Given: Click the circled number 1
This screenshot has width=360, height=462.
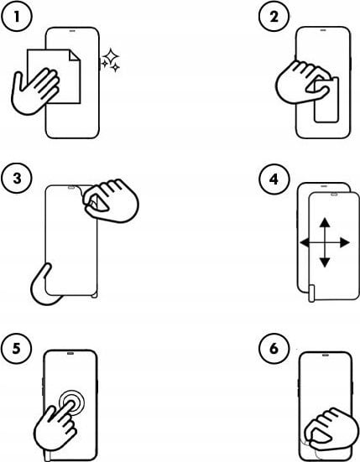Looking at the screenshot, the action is pyautogui.click(x=16, y=17).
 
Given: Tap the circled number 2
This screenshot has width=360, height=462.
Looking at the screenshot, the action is pyautogui.click(x=274, y=17).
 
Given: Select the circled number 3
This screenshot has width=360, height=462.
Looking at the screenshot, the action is pyautogui.click(x=16, y=179).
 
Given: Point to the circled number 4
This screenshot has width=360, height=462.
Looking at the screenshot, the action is pyautogui.click(x=274, y=179).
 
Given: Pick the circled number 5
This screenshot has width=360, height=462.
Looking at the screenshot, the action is pyautogui.click(x=16, y=349).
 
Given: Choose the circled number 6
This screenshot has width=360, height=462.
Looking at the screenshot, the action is pyautogui.click(x=274, y=349).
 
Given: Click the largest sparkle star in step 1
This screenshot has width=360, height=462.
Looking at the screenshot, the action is pyautogui.click(x=111, y=55).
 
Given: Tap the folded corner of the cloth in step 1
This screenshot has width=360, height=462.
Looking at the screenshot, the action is pyautogui.click(x=75, y=55).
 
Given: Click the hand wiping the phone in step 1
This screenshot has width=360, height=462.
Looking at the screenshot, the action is pyautogui.click(x=34, y=91).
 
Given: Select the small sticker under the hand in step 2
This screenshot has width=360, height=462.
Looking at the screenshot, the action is pyautogui.click(x=326, y=100).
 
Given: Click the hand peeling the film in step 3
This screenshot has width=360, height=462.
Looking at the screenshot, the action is pyautogui.click(x=112, y=200).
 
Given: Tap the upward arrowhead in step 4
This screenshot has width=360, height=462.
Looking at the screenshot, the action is pyautogui.click(x=325, y=222).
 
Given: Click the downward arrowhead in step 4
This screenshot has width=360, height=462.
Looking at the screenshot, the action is pyautogui.click(x=325, y=262).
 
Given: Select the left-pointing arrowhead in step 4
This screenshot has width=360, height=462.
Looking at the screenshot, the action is pyautogui.click(x=305, y=243).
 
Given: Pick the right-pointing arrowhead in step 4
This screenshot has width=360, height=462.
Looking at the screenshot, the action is pyautogui.click(x=345, y=243).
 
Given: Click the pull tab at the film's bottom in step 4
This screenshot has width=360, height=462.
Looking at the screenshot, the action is pyautogui.click(x=311, y=293).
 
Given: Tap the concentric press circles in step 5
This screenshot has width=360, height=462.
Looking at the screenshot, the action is pyautogui.click(x=71, y=402).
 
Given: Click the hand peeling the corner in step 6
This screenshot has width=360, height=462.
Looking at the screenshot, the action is pyautogui.click(x=331, y=428).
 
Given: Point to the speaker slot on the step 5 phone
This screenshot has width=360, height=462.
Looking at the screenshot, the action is pyautogui.click(x=70, y=353).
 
